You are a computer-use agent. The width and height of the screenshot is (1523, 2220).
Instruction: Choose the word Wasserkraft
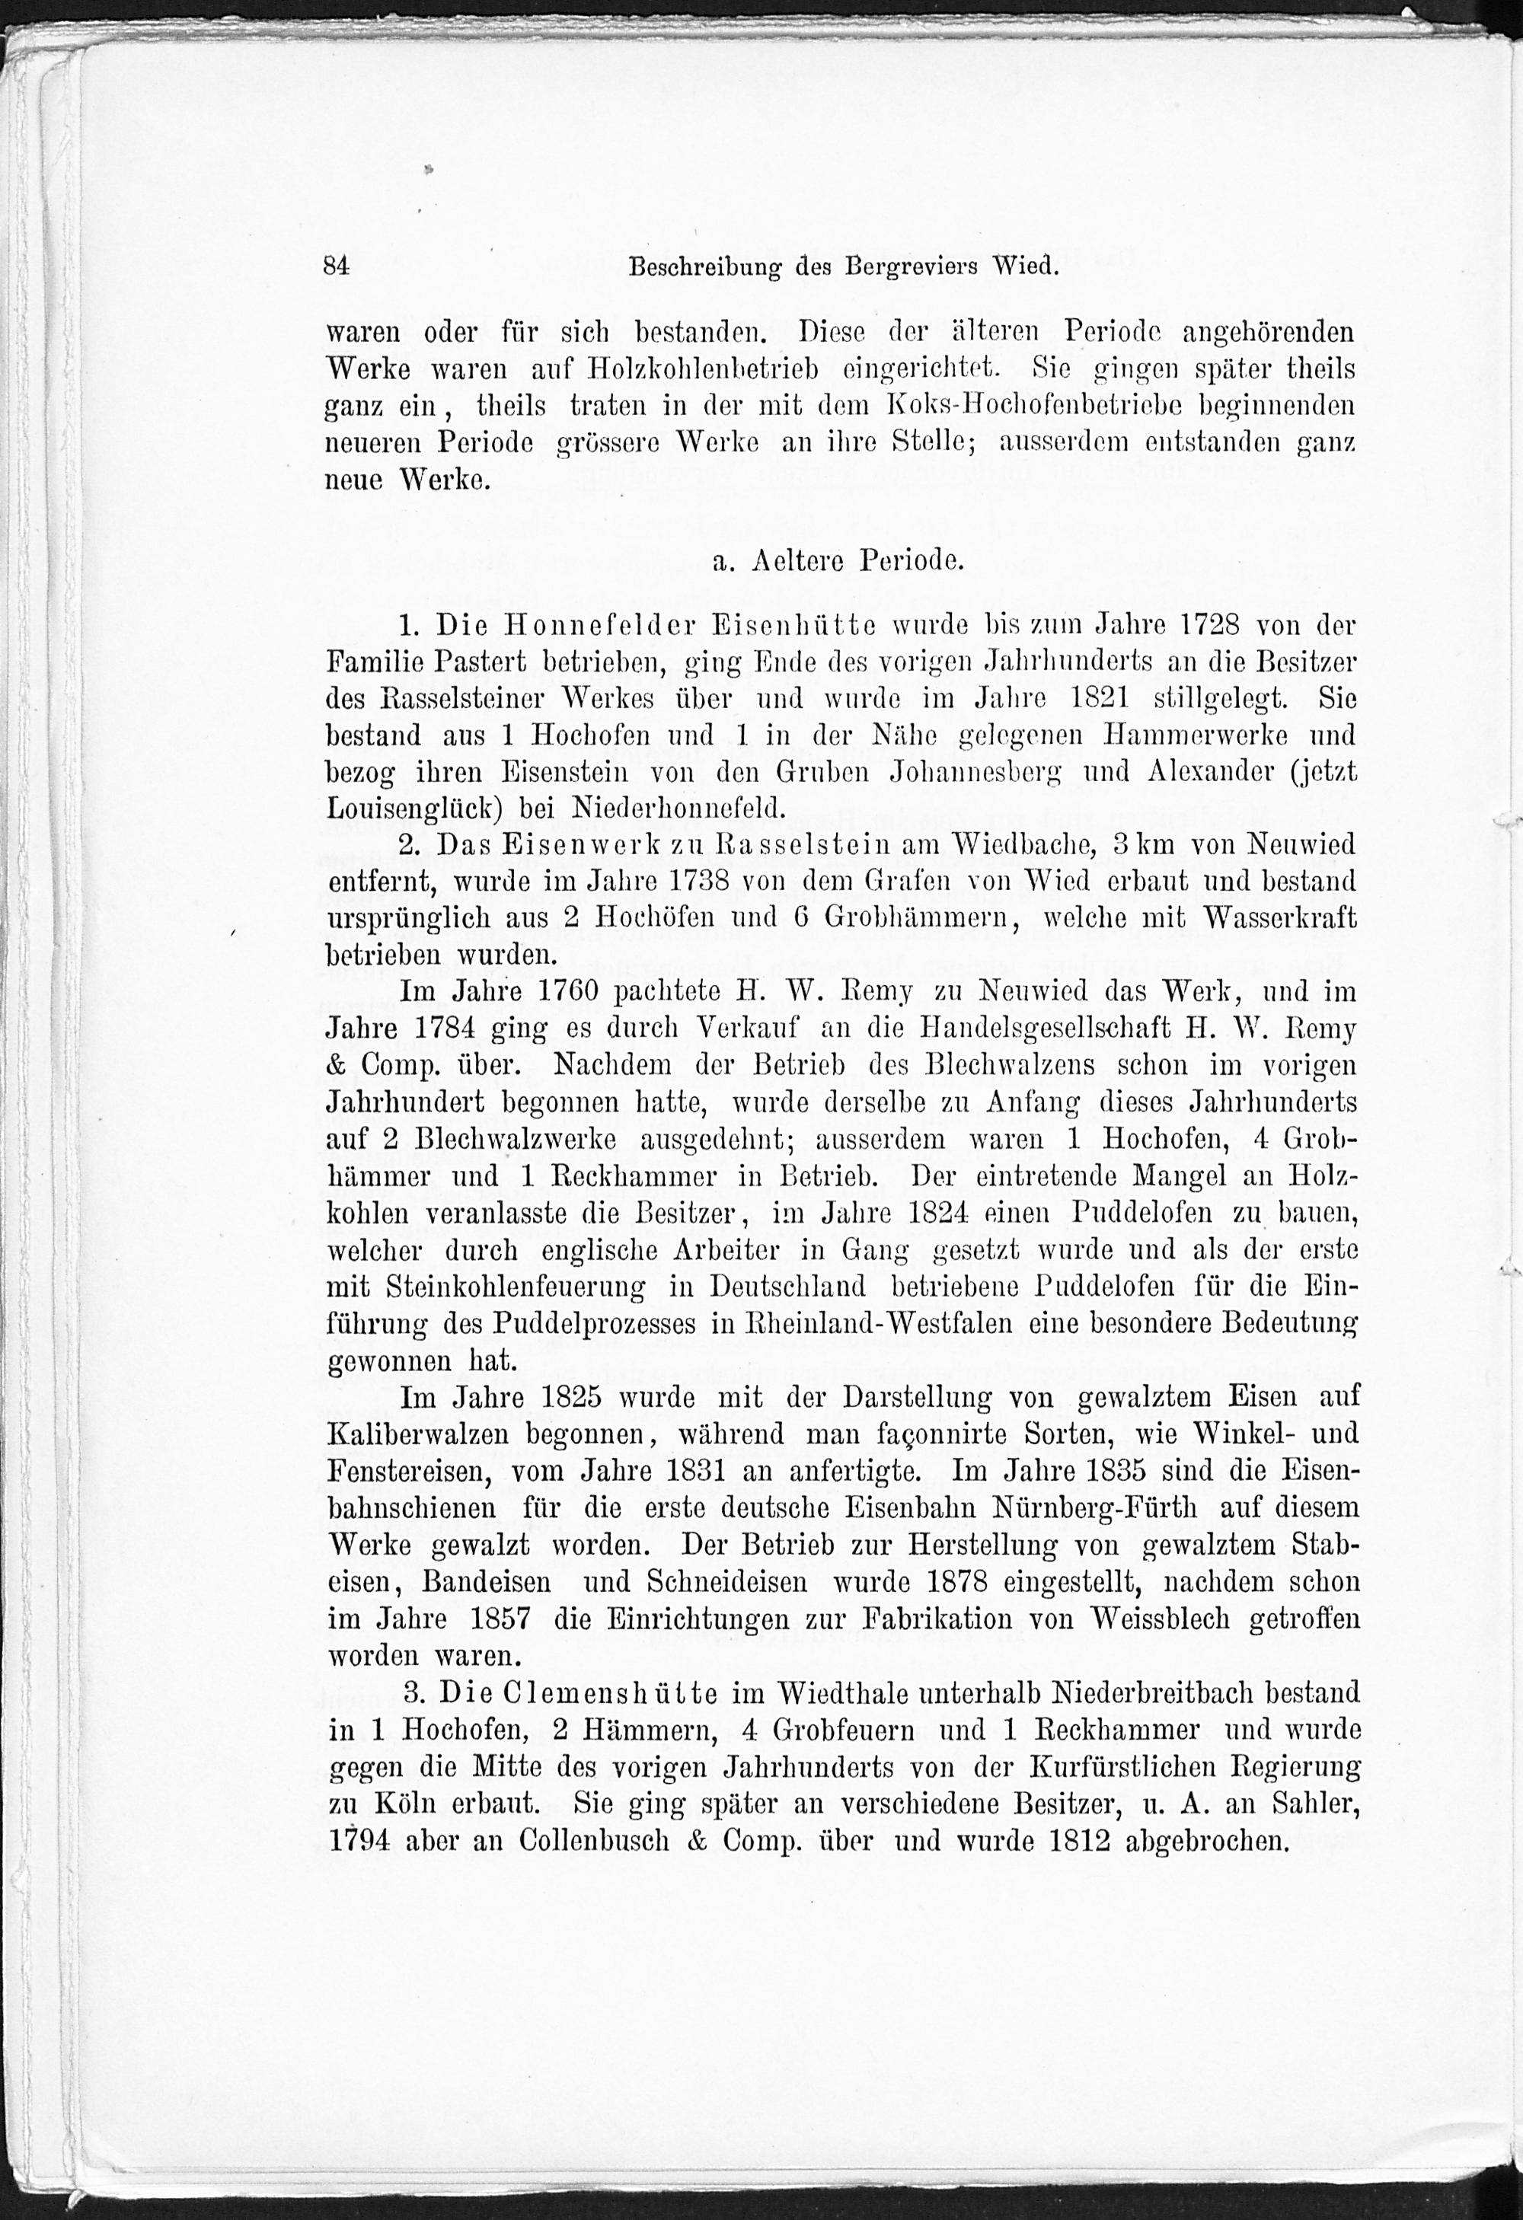(x=1280, y=918)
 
